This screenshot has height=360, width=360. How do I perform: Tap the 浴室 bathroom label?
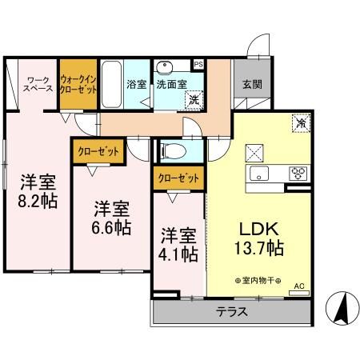click(x=135, y=82)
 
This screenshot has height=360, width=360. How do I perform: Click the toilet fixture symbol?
click(x=173, y=150)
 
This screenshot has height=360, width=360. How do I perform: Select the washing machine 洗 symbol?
click(x=194, y=99)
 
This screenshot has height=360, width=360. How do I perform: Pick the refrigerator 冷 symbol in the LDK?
click(x=301, y=124)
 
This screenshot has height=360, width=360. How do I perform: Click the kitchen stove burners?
click(x=298, y=173)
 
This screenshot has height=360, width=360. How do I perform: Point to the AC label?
click(x=299, y=285)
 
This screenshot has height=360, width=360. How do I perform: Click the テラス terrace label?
click(x=231, y=312)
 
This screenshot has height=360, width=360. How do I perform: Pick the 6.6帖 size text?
click(x=112, y=226)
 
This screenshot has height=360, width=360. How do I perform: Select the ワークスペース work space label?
click(x=38, y=84)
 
